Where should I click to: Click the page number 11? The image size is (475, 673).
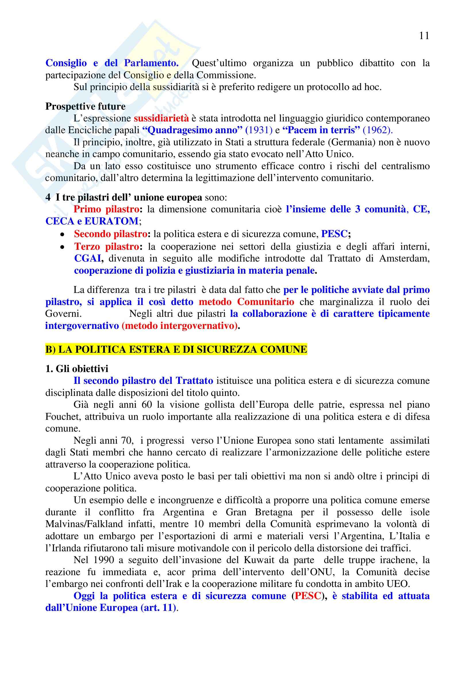424,36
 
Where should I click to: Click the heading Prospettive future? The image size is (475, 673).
85,106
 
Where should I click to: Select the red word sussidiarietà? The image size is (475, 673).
161,118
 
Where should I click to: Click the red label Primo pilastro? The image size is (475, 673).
106,209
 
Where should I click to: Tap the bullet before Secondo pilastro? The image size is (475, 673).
62,234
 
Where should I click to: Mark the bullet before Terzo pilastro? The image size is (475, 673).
62,247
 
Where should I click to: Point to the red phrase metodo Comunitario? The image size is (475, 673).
247,302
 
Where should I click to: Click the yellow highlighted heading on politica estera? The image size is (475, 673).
176,349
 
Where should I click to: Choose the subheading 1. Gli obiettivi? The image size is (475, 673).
77,369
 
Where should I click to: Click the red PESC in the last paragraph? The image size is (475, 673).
307,596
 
